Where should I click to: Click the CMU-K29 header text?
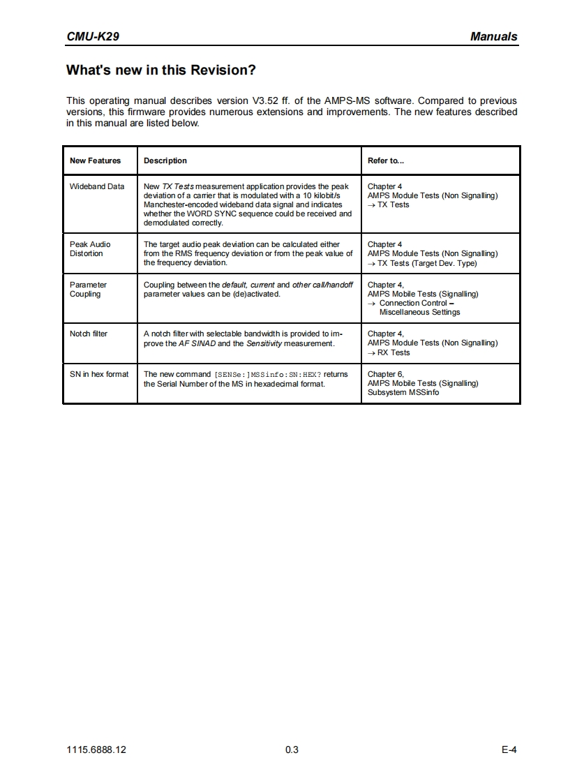pos(92,36)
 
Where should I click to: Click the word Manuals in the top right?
pos(493,36)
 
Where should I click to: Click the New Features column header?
pos(95,161)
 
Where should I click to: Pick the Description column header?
pos(165,161)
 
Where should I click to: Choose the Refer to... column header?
pos(386,161)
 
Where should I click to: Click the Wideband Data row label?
pos(97,186)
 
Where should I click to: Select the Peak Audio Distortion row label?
pos(90,249)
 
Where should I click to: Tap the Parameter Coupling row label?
pos(89,290)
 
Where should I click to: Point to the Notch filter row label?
pos(89,334)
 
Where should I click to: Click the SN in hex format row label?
pos(99,374)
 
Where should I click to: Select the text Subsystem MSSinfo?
pos(403,392)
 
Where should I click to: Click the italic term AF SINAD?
pos(197,343)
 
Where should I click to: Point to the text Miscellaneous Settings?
pos(419,312)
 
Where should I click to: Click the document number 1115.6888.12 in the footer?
pos(96,750)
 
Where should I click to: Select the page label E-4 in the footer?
pos(509,750)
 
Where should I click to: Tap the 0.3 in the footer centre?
pos(292,750)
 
